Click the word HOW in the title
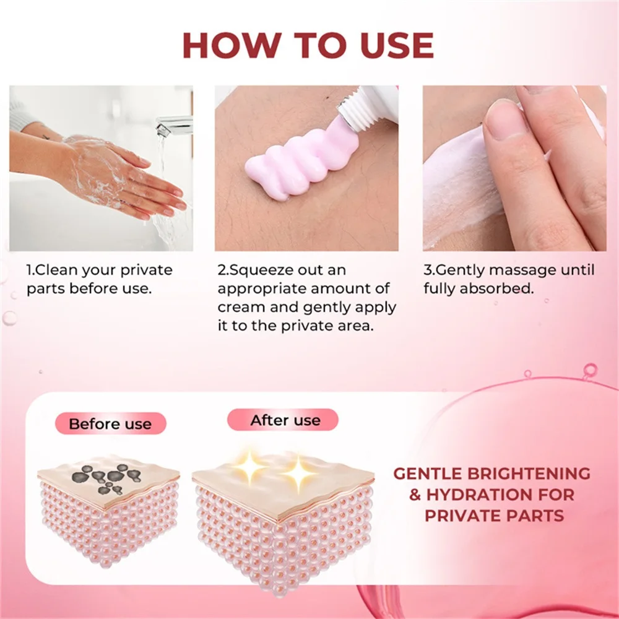tap(232, 45)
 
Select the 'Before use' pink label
tap(111, 423)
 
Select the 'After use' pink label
tap(283, 420)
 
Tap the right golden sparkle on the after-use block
tap(299, 474)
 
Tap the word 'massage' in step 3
tap(522, 271)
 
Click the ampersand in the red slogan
tap(415, 495)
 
